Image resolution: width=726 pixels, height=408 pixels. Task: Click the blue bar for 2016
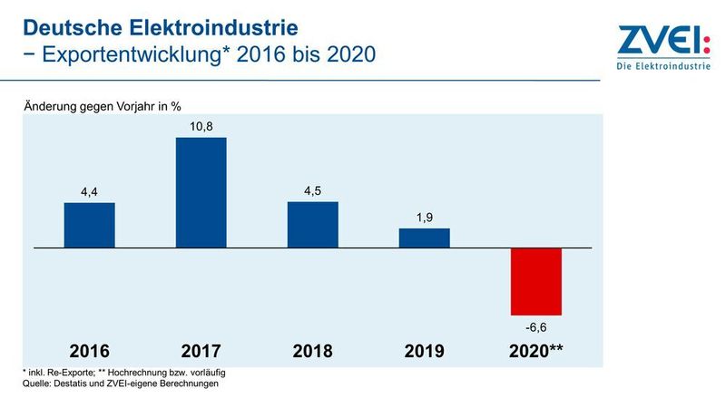(89, 225)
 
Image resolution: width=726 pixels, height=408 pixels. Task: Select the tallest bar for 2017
(201, 192)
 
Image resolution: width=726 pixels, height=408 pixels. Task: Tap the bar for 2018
(312, 224)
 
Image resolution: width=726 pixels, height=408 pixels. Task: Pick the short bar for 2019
(424, 238)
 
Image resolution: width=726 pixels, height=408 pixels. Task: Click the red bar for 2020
(536, 281)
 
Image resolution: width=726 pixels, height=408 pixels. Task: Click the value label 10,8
(201, 126)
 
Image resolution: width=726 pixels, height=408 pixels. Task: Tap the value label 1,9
(424, 217)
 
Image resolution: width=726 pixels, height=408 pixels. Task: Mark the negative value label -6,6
(536, 325)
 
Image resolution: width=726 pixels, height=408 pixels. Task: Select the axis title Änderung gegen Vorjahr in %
(108, 107)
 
